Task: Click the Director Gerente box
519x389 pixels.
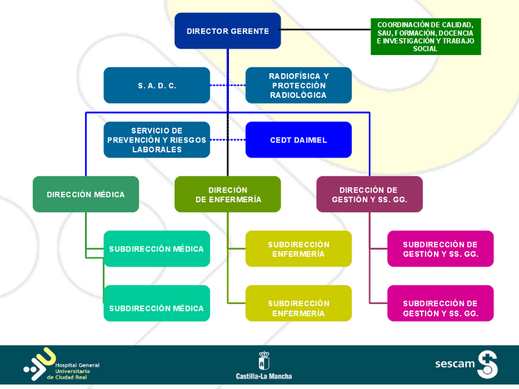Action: click(227, 30)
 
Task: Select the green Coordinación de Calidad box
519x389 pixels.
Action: click(426, 36)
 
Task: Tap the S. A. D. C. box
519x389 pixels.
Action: click(156, 85)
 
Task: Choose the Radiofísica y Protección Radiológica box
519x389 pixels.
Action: click(298, 85)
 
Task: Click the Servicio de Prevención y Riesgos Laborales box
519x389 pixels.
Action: click(156, 139)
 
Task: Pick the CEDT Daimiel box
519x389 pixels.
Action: click(298, 139)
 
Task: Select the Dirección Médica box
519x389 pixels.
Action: click(86, 194)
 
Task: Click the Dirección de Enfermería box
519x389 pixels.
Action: click(228, 194)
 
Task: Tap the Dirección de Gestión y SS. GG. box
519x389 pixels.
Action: click(369, 194)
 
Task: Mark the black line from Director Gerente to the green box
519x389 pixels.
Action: click(324, 30)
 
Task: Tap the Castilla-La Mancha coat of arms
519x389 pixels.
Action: click(264, 360)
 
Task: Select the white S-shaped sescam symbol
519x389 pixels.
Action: click(487, 364)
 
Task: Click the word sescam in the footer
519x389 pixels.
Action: click(455, 364)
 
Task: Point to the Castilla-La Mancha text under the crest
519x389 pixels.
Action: click(264, 376)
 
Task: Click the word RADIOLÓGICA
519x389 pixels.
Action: click(298, 95)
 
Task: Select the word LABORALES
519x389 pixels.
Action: click(156, 150)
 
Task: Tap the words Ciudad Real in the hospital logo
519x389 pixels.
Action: click(80, 377)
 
